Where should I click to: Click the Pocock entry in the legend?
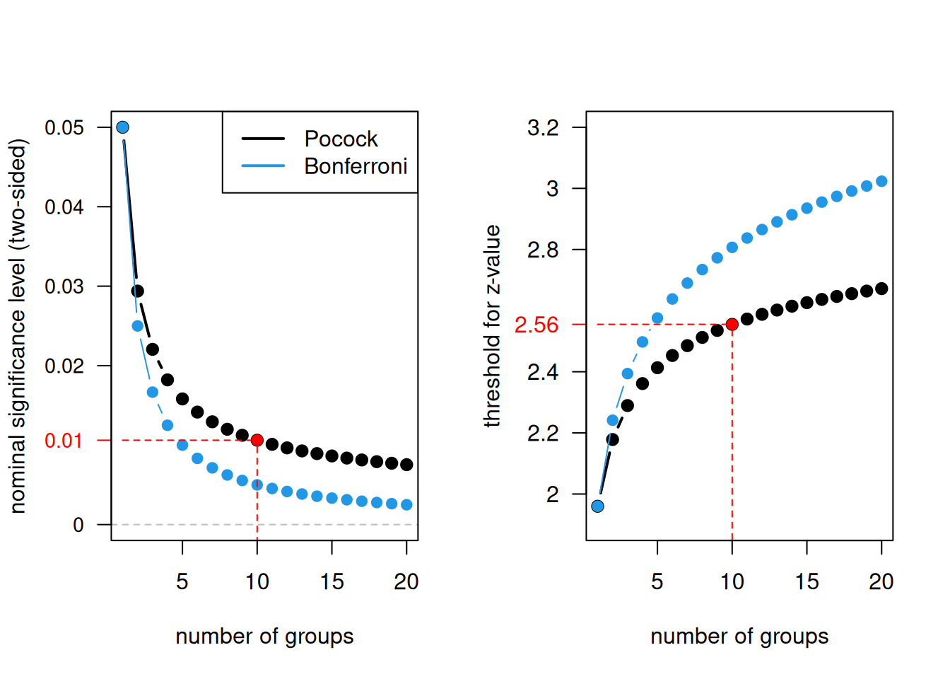[341, 139]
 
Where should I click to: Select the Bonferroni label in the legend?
[356, 166]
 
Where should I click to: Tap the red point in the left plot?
[257, 440]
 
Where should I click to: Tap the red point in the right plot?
[732, 324]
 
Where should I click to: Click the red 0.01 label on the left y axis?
[64, 441]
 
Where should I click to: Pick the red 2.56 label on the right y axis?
[536, 325]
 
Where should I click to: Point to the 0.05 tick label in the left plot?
[64, 127]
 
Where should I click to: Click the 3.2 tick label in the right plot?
[543, 127]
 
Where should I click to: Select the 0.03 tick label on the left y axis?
[64, 286]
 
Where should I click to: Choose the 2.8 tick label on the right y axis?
[543, 250]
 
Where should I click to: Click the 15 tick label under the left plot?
[332, 581]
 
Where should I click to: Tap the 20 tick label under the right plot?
[881, 581]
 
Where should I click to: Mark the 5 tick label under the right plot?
[657, 581]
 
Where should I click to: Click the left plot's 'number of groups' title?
[264, 637]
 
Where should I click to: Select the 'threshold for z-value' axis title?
[492, 326]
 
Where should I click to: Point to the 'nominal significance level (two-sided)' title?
[18, 326]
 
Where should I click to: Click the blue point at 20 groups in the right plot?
[881, 181]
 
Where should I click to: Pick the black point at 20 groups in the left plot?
[406, 465]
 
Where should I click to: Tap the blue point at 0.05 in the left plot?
[122, 127]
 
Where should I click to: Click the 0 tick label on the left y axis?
[78, 525]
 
